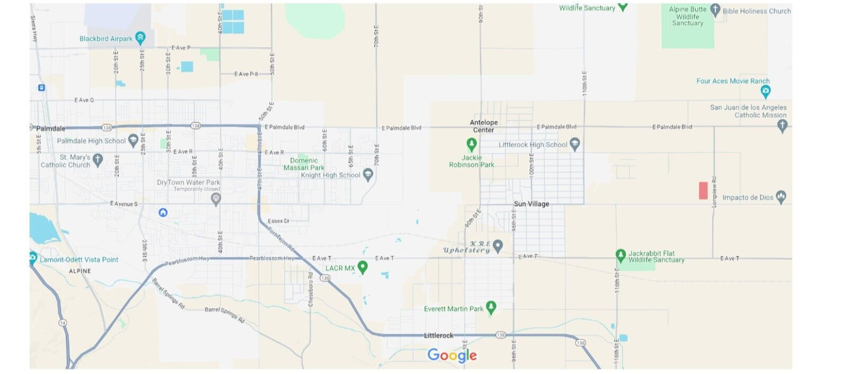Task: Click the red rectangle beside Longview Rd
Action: tap(703, 190)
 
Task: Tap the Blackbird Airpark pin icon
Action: tap(140, 38)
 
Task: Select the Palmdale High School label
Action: tap(91, 141)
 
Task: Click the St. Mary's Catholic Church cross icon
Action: tap(98, 159)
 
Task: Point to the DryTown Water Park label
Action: tap(188, 182)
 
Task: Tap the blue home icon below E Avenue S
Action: tap(163, 212)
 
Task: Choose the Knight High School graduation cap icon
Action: tap(368, 175)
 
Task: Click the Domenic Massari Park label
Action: tap(304, 164)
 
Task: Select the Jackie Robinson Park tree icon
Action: tap(471, 144)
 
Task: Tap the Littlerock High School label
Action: tap(533, 145)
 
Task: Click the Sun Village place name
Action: tap(531, 204)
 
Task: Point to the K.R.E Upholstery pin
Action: tap(498, 246)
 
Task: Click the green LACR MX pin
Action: tap(363, 267)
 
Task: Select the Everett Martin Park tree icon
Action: tap(491, 307)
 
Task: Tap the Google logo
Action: tap(452, 355)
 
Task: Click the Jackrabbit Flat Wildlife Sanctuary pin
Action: tap(621, 255)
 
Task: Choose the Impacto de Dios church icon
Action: tap(781, 197)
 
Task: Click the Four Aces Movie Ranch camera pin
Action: tap(765, 91)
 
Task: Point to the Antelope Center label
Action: tap(483, 126)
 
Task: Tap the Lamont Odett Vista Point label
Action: tap(79, 260)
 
